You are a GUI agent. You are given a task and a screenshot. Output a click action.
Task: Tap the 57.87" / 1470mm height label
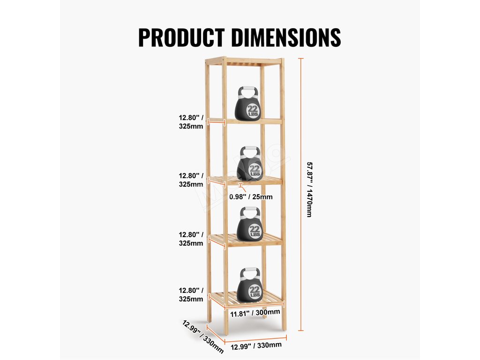[309, 189]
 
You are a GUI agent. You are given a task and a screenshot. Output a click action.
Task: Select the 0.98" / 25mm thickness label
[251, 197]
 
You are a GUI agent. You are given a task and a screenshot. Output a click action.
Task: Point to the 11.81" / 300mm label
[255, 312]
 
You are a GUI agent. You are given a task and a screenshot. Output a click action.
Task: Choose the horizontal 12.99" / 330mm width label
[256, 346]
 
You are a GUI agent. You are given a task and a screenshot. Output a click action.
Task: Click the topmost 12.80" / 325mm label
[191, 121]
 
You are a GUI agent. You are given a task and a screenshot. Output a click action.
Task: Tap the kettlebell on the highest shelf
[248, 104]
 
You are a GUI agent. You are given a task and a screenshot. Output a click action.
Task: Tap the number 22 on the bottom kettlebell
[255, 289]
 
